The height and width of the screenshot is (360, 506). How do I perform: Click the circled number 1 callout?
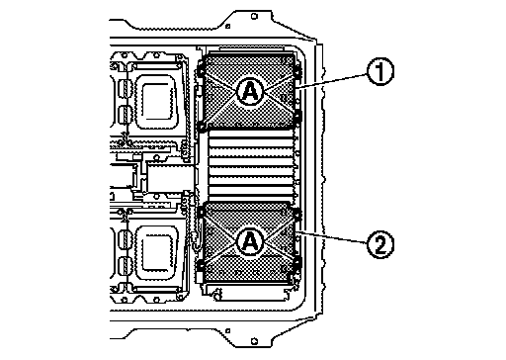[x=380, y=72]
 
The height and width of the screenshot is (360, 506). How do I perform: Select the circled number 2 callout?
[x=380, y=244]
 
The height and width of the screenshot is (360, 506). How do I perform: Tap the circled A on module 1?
[x=251, y=91]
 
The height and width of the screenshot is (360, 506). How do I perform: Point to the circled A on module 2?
[x=251, y=242]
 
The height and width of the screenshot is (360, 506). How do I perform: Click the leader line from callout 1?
[x=331, y=81]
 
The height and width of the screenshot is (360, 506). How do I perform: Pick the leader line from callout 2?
[x=331, y=237]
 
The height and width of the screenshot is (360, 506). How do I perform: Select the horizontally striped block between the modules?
[x=251, y=165]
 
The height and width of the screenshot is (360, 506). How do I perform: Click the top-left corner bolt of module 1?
[x=201, y=70]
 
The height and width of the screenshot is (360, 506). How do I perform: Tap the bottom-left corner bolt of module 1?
[x=201, y=127]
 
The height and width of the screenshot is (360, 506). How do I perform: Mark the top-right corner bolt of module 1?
[x=297, y=71]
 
